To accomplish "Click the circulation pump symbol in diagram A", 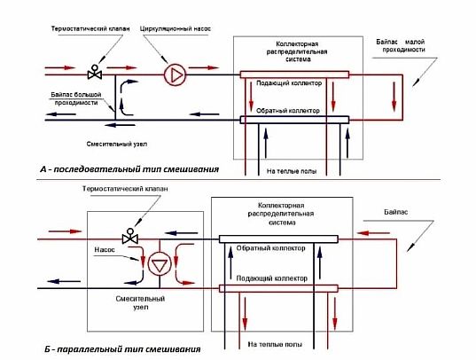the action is tap(175, 74).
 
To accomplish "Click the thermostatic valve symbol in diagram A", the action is tap(95, 72).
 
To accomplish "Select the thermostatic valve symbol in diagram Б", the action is tap(130, 236).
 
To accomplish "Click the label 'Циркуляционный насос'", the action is tap(176, 29).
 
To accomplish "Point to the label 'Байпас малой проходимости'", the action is tap(401, 46).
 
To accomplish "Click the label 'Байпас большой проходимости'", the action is tap(76, 98).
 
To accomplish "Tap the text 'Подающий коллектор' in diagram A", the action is tap(289, 83).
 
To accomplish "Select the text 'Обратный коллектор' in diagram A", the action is tap(288, 111).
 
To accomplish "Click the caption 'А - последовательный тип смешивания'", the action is tap(129, 168).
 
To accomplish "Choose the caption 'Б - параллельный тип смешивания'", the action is tap(122, 349).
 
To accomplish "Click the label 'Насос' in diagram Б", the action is tap(105, 250).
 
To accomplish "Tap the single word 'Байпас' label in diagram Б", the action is tap(395, 212).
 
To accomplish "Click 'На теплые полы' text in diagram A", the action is tap(292, 171).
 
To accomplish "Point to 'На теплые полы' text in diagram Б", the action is tap(275, 345).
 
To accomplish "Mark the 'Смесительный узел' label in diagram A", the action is tap(117, 144).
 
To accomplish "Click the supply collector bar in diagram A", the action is tap(294, 74).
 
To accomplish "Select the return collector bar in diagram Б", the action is tap(278, 239).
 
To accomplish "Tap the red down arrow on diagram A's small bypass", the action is tap(394, 97).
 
